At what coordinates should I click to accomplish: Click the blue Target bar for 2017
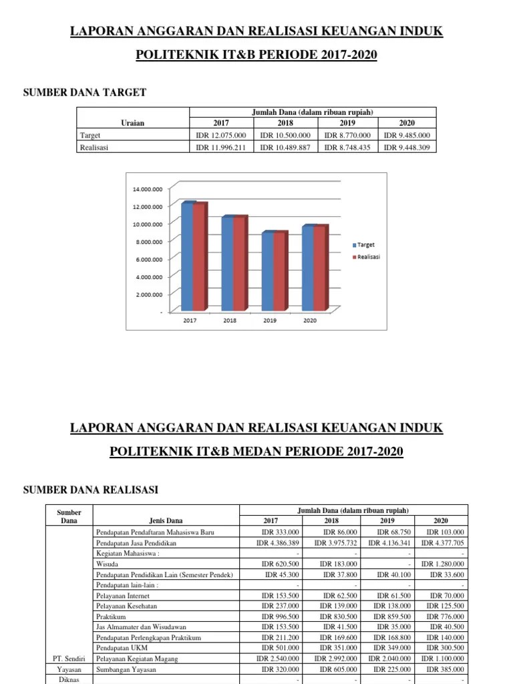[187, 257]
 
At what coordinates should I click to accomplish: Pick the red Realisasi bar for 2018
[239, 265]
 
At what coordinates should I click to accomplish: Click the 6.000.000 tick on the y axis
[148, 259]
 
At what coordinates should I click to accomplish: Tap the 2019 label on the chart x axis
[270, 321]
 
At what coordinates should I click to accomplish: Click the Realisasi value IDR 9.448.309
[407, 147]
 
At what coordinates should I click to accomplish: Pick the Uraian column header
[132, 123]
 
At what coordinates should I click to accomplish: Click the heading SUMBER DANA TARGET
[85, 93]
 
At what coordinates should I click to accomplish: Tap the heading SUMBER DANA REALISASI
[91, 490]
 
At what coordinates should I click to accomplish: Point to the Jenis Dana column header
[164, 521]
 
